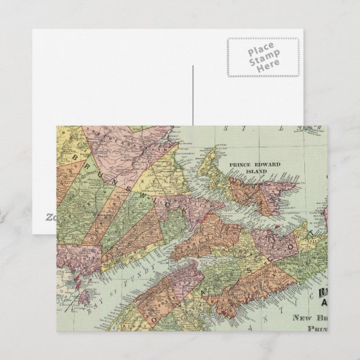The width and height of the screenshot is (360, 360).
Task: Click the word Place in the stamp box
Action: pyautogui.click(x=262, y=52)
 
